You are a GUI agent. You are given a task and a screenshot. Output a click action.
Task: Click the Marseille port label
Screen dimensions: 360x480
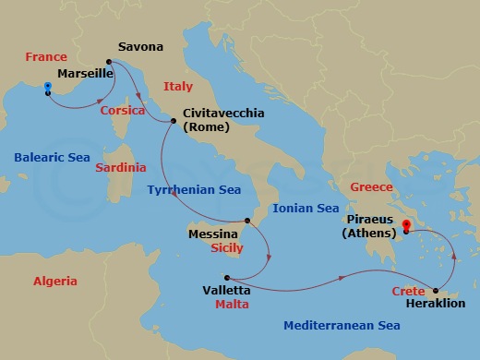[x=84, y=72]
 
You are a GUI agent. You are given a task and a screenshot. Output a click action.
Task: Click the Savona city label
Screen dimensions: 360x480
[x=141, y=46]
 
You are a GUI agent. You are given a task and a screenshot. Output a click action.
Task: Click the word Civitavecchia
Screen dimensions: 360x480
[x=223, y=113]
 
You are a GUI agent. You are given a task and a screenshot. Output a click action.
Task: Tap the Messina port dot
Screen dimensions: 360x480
[x=246, y=222]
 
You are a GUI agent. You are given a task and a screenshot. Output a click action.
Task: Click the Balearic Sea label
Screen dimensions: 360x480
[x=52, y=157]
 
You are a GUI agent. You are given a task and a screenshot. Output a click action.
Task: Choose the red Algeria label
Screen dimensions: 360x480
[x=54, y=281]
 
